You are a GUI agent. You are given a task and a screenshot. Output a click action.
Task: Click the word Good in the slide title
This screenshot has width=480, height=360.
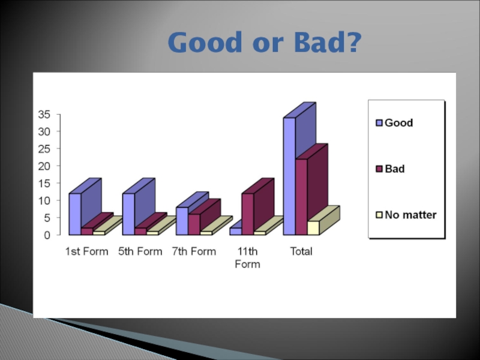coord(205,42)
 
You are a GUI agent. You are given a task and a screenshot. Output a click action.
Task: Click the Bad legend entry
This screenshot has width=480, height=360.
coord(391,169)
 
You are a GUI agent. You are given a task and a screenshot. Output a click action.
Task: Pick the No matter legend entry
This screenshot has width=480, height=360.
coord(406,215)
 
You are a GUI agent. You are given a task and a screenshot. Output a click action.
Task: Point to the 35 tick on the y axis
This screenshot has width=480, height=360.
coord(44,115)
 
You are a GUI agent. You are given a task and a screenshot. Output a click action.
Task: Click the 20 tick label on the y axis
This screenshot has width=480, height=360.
coord(44,166)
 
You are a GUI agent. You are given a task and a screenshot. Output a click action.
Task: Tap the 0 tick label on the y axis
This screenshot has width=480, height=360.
coord(47,235)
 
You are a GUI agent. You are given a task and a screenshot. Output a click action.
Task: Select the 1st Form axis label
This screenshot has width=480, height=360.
coord(86,251)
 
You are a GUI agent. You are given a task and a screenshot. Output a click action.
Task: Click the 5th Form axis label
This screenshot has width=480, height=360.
coord(140,251)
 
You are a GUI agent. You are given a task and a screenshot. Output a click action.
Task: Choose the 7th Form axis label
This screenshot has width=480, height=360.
coord(194,251)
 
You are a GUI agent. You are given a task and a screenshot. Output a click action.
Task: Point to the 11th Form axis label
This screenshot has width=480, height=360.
coord(247,258)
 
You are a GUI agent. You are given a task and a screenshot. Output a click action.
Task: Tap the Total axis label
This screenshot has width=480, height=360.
coord(301,251)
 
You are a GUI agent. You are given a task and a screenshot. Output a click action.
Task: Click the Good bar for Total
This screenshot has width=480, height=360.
coord(289,176)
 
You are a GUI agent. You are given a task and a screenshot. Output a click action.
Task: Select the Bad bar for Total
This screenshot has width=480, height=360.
coord(301,197)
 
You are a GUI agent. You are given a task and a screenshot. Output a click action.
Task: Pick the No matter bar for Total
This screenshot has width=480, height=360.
coord(313,228)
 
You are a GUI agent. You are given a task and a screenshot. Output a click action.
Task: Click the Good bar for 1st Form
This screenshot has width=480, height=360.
coord(75,214)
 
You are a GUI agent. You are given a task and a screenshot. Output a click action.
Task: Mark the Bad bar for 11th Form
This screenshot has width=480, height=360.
coord(248,214)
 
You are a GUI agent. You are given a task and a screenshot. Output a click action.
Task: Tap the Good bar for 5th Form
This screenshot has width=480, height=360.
coord(128,214)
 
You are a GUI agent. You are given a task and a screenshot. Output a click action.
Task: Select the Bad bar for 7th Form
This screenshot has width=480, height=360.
coord(194,224)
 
